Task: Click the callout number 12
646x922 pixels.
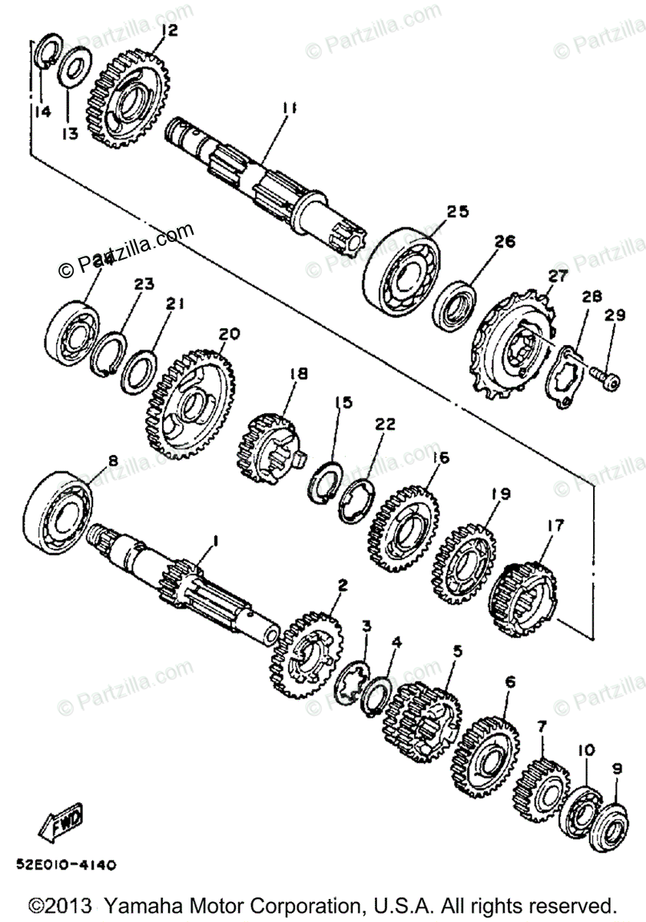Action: point(168,30)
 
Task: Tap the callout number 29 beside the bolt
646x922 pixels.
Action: point(615,315)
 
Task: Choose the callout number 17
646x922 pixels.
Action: point(555,526)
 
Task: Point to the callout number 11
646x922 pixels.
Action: point(288,110)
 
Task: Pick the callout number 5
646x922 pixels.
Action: point(457,651)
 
